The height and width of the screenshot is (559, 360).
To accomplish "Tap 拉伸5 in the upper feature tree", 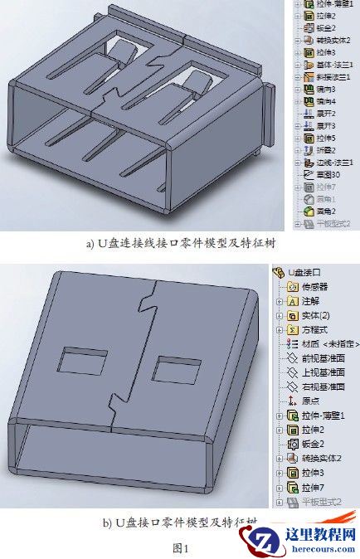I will [x=324, y=138].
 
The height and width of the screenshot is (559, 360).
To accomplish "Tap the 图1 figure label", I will [x=180, y=548].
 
